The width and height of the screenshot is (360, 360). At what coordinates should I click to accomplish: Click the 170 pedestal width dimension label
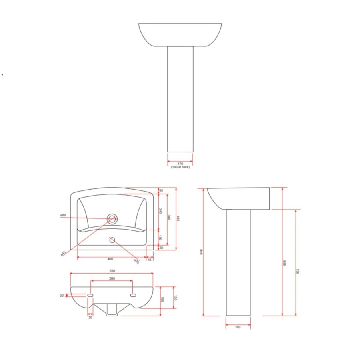point(180,164)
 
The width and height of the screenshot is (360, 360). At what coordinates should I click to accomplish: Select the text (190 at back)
point(180,167)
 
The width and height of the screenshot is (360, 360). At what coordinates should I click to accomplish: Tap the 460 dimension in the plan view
point(110,259)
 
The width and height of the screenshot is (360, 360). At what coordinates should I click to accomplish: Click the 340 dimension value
point(169,218)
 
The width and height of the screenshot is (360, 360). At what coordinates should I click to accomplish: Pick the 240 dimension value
point(160,211)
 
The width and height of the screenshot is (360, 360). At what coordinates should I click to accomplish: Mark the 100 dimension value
point(160,238)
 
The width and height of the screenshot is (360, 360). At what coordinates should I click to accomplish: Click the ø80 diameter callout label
point(63,216)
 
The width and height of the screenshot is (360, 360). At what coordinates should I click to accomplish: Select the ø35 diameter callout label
point(136,262)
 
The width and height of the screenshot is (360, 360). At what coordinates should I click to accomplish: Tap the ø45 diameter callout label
point(63,253)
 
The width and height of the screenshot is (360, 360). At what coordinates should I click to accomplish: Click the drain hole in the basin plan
point(112,218)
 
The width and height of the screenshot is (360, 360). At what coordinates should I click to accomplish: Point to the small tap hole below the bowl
point(112,240)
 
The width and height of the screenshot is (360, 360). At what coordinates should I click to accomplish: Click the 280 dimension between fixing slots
point(112,278)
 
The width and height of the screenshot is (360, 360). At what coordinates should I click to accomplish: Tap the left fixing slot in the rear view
point(90,295)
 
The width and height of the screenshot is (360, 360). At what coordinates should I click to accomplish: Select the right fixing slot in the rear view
point(133,295)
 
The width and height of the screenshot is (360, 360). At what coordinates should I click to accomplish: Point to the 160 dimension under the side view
point(238,327)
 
